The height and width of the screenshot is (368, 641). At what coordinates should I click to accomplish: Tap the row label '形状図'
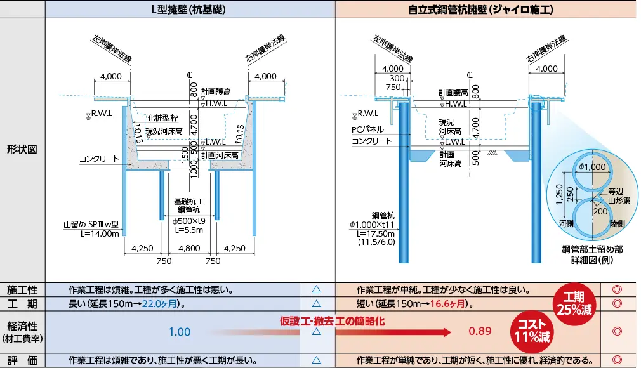(x=22, y=150)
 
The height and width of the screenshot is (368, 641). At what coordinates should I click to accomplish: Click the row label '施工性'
(x=22, y=290)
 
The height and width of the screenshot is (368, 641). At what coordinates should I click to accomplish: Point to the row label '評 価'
(x=22, y=360)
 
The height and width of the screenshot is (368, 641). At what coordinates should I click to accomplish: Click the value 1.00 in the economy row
(x=180, y=332)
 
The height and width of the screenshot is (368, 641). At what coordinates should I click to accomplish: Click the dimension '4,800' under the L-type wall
(x=188, y=249)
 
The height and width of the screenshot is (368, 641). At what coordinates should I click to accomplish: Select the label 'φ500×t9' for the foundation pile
(x=189, y=220)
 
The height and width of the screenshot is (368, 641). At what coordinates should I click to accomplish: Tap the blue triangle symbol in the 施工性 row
(x=317, y=290)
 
